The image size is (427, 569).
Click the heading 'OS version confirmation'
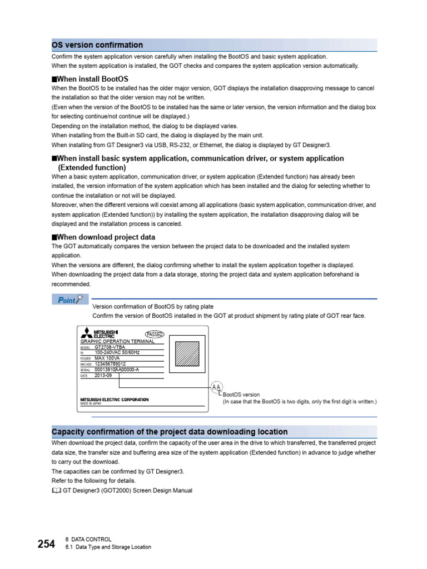(97, 45)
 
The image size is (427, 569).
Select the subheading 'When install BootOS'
(92, 79)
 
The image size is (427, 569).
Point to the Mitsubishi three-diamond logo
(86, 333)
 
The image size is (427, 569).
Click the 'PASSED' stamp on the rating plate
(154, 335)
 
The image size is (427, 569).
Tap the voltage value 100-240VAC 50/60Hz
(117, 352)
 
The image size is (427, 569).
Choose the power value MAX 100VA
(108, 358)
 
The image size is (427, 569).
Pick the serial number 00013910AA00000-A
(117, 370)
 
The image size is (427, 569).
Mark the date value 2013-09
(103, 375)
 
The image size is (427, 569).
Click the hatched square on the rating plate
(187, 353)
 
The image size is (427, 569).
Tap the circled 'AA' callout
(216, 387)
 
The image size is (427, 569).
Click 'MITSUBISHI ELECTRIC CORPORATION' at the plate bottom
(114, 400)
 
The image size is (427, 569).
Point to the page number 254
(46, 544)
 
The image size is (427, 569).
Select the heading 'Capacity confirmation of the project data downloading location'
(170, 432)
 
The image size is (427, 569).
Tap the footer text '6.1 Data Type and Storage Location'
(108, 547)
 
